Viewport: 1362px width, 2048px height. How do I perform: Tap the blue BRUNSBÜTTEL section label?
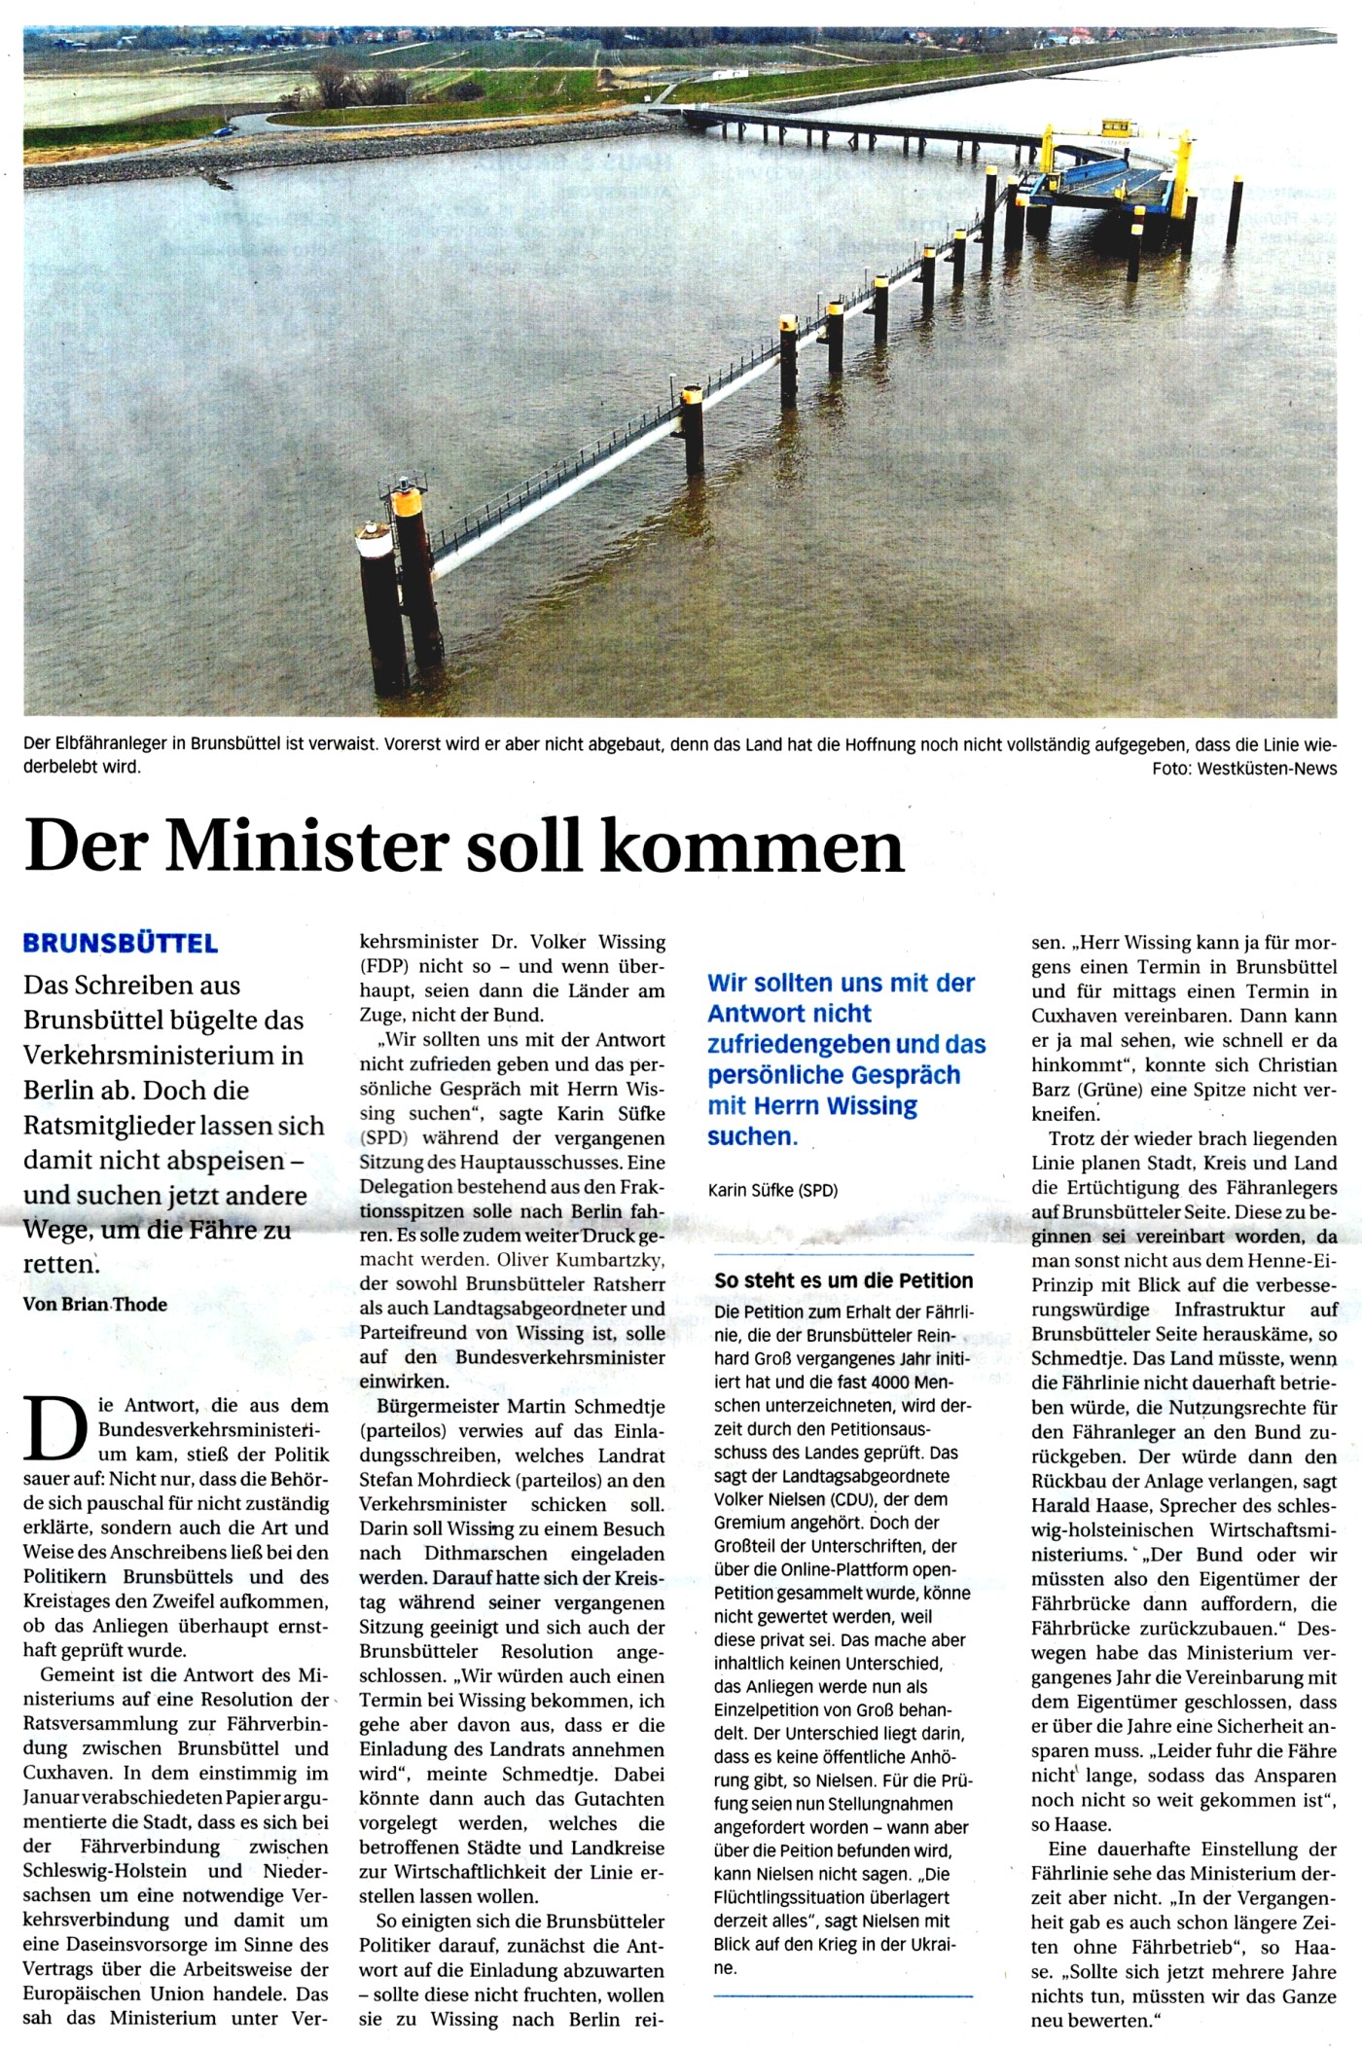click(121, 943)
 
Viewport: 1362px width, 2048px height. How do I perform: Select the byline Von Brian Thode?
click(95, 1304)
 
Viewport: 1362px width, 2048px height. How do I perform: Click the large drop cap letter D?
click(55, 1428)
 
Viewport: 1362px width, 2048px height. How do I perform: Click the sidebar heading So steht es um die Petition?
click(843, 1280)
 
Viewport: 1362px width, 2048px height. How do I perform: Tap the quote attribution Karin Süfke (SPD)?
click(772, 1190)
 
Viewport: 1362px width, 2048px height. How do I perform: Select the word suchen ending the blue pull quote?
click(750, 1135)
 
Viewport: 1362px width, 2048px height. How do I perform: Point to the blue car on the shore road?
click(225, 129)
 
